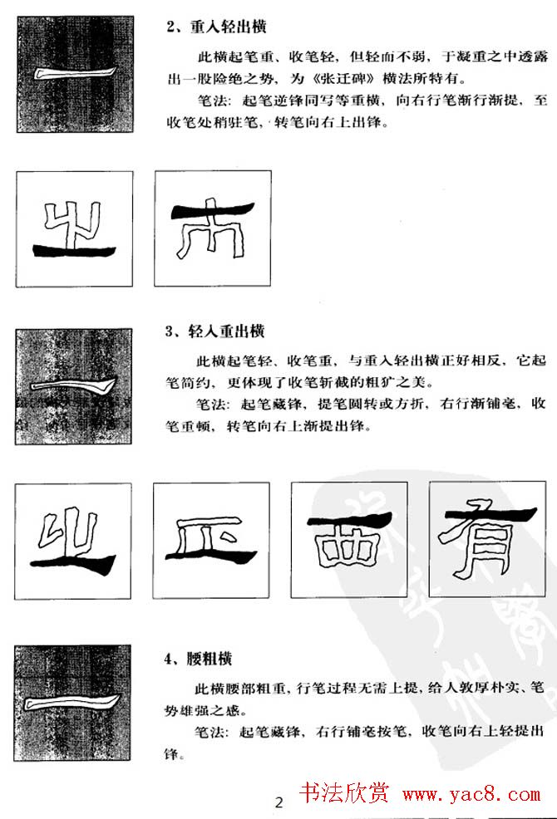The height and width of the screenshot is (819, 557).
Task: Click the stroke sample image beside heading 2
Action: [x=72, y=74]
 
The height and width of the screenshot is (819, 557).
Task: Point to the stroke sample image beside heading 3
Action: [x=72, y=386]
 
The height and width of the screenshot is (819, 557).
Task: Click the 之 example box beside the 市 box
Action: [x=73, y=228]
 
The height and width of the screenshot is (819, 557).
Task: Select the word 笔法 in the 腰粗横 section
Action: [x=209, y=733]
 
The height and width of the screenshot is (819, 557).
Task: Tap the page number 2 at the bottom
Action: [x=278, y=802]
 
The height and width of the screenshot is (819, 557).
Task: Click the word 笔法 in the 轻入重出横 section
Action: [x=209, y=405]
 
